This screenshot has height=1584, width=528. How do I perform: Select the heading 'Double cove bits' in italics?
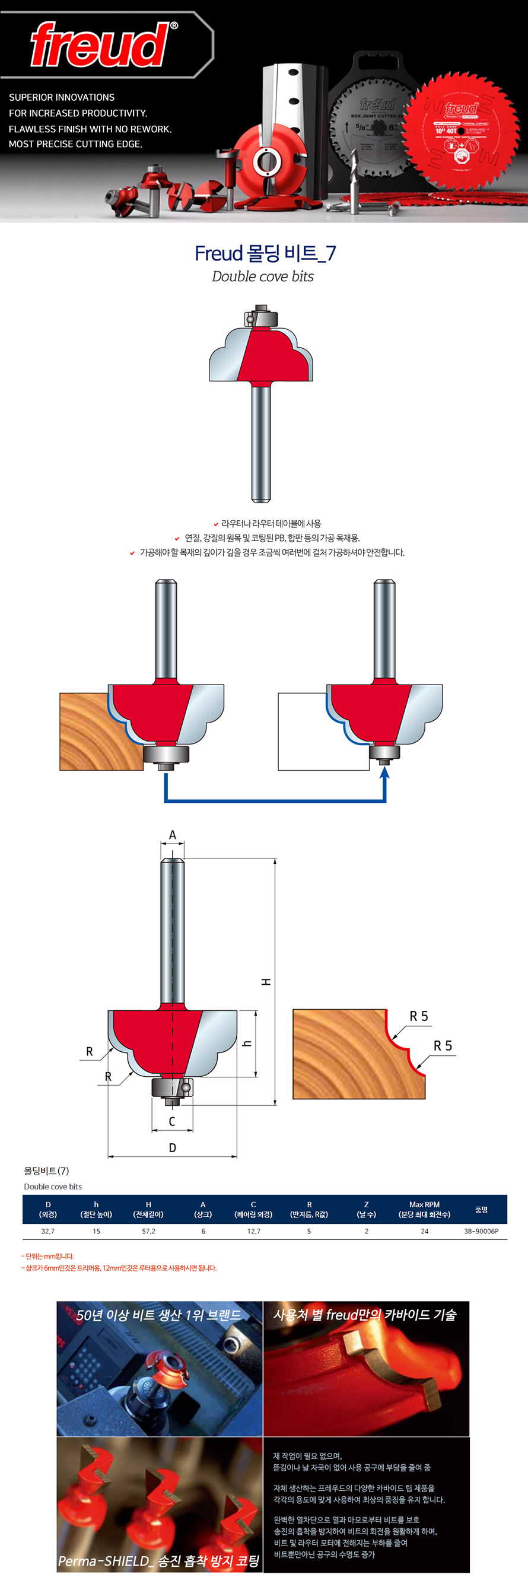262,276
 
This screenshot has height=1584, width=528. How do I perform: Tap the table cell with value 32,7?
48,1231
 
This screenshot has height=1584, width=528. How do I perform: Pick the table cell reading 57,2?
149,1231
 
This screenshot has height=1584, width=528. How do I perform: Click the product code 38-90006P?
481,1231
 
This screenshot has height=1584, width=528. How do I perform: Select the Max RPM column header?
424,1209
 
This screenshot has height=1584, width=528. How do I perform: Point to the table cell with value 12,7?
253,1231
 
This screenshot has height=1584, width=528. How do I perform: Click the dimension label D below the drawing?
172,1147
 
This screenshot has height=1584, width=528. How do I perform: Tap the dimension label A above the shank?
172,835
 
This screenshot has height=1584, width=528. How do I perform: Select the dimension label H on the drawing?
266,982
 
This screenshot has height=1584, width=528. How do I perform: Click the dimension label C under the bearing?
172,1121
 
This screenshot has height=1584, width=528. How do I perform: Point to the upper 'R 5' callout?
419,1016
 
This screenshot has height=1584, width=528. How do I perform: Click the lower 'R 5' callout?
443,1046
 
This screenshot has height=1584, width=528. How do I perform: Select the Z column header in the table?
367,1209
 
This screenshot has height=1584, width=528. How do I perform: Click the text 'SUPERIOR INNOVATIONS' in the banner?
62,97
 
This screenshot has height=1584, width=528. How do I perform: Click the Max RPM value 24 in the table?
424,1231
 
